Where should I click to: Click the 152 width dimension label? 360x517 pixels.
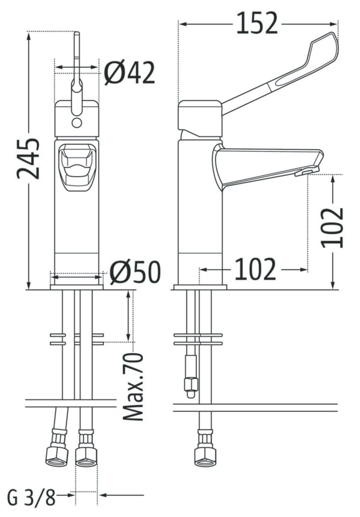(257, 23)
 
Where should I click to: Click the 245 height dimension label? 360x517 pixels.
(28, 159)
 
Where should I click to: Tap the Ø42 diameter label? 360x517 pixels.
(129, 73)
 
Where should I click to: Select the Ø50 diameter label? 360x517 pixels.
(134, 272)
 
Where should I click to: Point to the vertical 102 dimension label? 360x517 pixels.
(332, 228)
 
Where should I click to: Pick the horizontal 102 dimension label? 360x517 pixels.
(255, 269)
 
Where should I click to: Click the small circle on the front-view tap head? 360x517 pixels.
(77, 122)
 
